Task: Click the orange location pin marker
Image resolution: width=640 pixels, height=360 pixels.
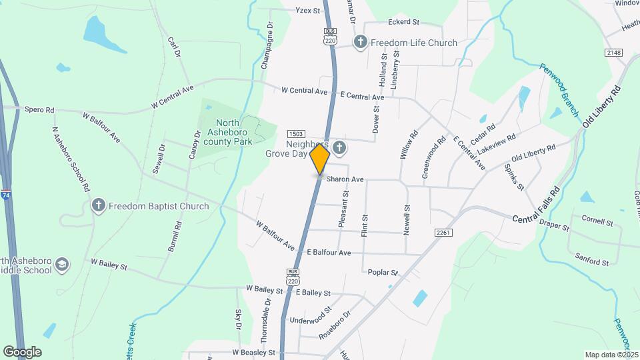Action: click(x=320, y=159)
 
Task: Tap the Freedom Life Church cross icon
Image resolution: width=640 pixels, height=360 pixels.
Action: click(x=361, y=43)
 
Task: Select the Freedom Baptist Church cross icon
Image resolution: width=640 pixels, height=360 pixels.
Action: click(x=99, y=205)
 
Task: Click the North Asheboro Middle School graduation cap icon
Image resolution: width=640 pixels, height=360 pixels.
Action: click(x=62, y=265)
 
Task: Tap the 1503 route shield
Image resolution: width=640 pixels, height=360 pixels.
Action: click(x=296, y=135)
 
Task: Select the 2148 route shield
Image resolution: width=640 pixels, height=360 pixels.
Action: click(x=614, y=52)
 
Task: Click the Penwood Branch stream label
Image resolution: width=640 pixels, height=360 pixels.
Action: click(x=559, y=90)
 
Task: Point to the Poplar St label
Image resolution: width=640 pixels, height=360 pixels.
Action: click(x=383, y=272)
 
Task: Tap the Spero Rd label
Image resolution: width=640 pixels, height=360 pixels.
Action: click(x=39, y=109)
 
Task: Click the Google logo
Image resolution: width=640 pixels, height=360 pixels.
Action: click(x=22, y=351)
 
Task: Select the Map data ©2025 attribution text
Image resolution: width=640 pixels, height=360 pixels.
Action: click(x=611, y=355)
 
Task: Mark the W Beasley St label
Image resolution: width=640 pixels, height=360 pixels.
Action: click(x=253, y=351)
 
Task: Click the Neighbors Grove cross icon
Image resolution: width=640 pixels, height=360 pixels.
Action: click(x=339, y=147)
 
